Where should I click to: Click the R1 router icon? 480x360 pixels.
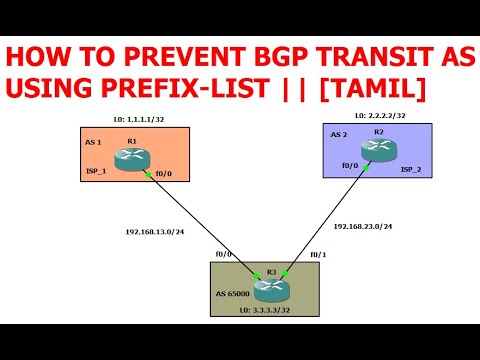click(x=131, y=160)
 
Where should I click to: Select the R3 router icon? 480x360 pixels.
click(x=270, y=288)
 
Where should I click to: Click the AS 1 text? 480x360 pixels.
click(x=94, y=142)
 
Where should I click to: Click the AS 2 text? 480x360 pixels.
click(x=340, y=133)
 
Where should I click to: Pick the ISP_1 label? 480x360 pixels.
click(x=97, y=171)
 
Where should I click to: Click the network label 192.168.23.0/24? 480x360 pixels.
click(x=361, y=226)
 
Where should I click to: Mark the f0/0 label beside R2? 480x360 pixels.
click(x=350, y=166)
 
